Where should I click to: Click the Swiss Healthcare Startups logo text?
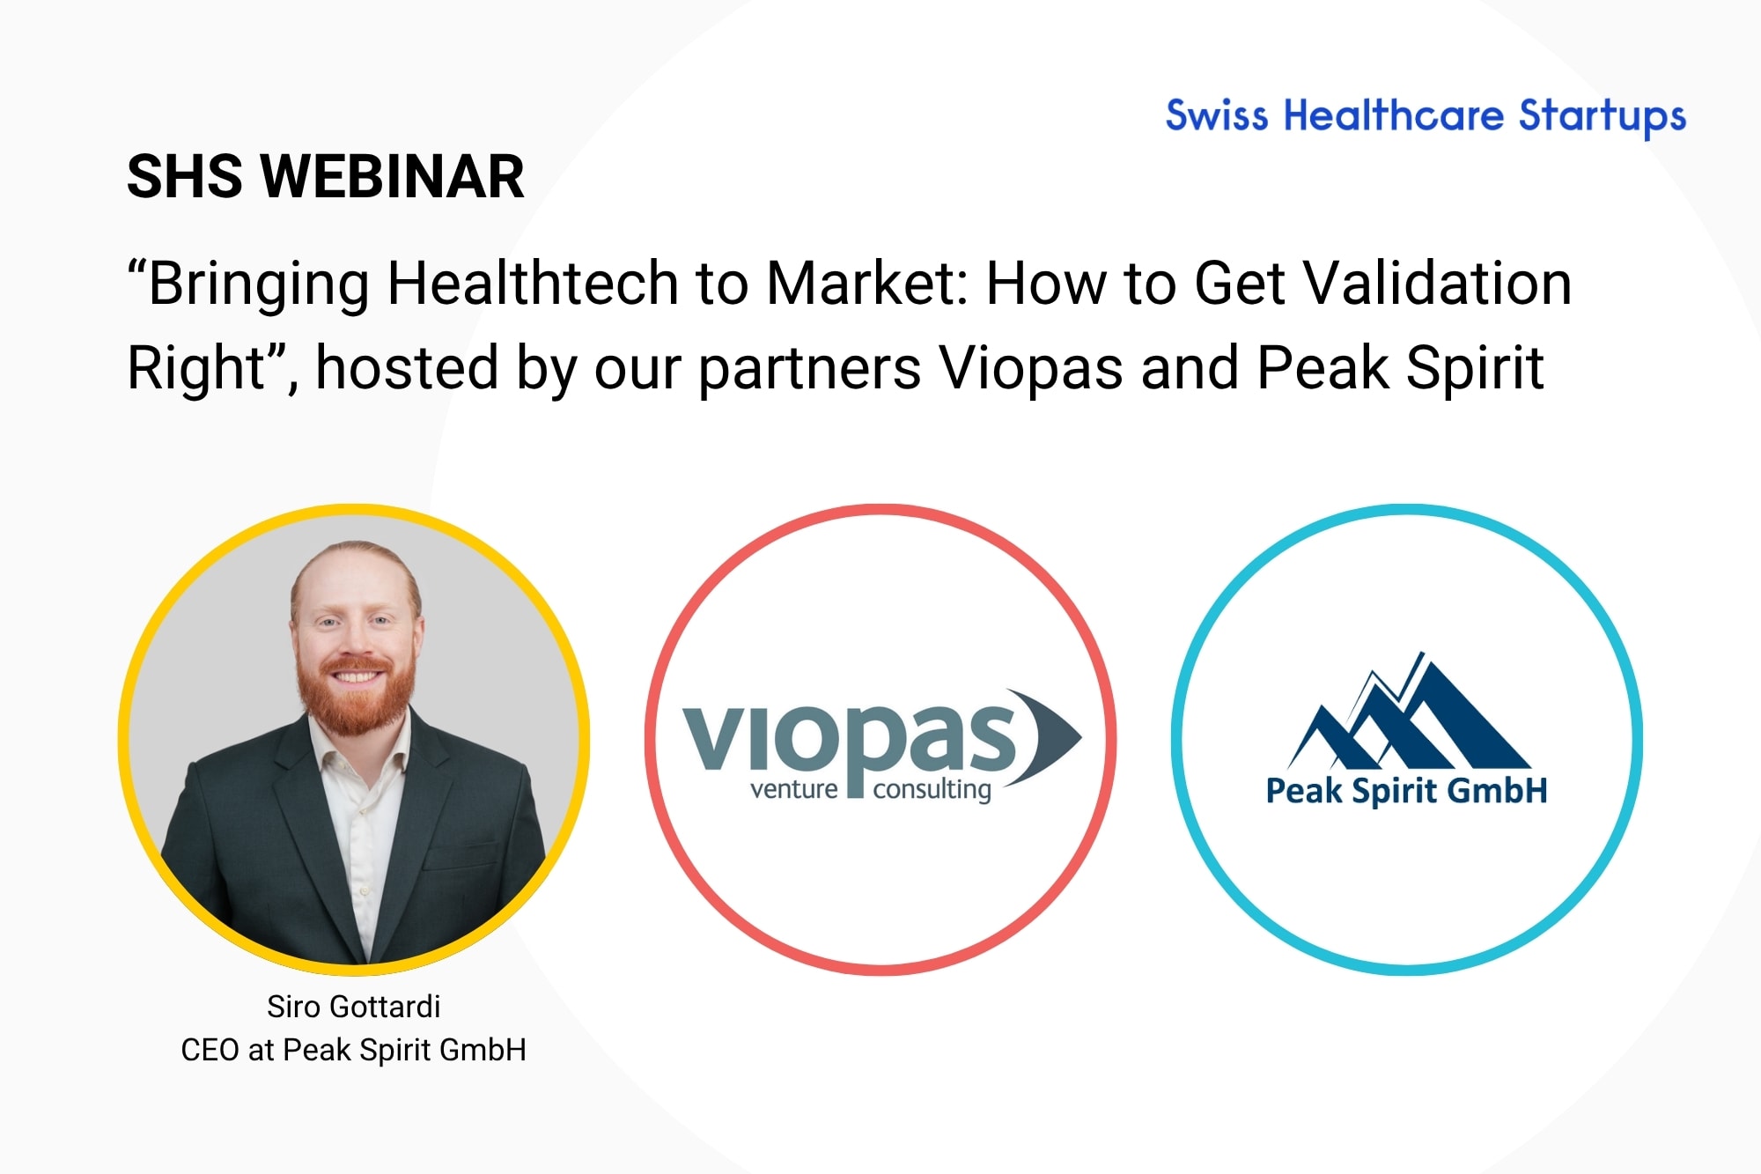click(1426, 116)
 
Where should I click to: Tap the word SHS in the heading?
click(184, 176)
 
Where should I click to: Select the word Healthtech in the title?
click(533, 284)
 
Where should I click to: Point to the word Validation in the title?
click(1437, 284)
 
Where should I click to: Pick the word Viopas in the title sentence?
click(1031, 368)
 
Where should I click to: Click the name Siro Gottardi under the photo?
click(354, 1006)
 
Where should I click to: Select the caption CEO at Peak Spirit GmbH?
click(354, 1050)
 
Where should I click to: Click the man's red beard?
click(357, 696)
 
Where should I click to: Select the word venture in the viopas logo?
click(794, 788)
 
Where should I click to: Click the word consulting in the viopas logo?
click(932, 790)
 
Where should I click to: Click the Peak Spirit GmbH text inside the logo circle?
click(1406, 791)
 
